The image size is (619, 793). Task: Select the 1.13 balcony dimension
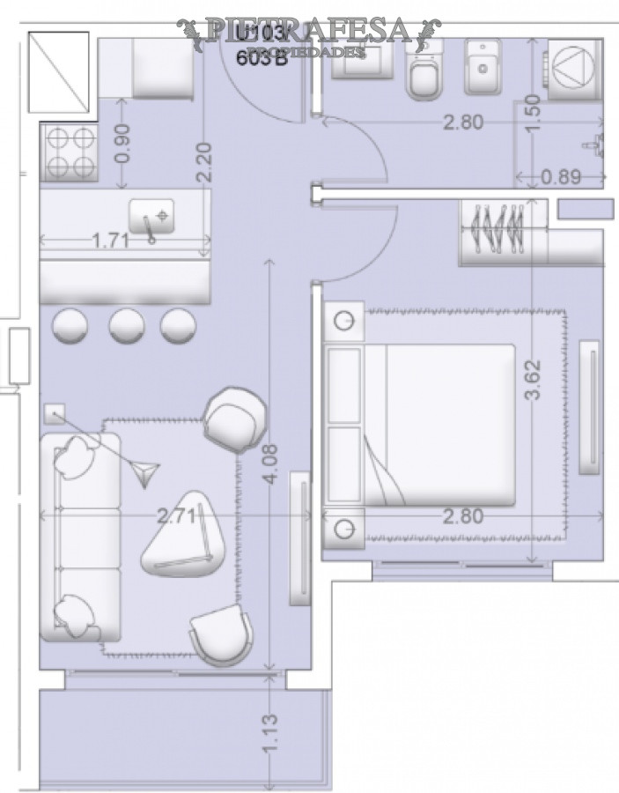(x=270, y=732)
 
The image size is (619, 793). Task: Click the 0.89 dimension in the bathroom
(x=561, y=177)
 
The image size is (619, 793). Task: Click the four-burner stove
(x=68, y=152)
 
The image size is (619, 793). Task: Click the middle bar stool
(x=127, y=325)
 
